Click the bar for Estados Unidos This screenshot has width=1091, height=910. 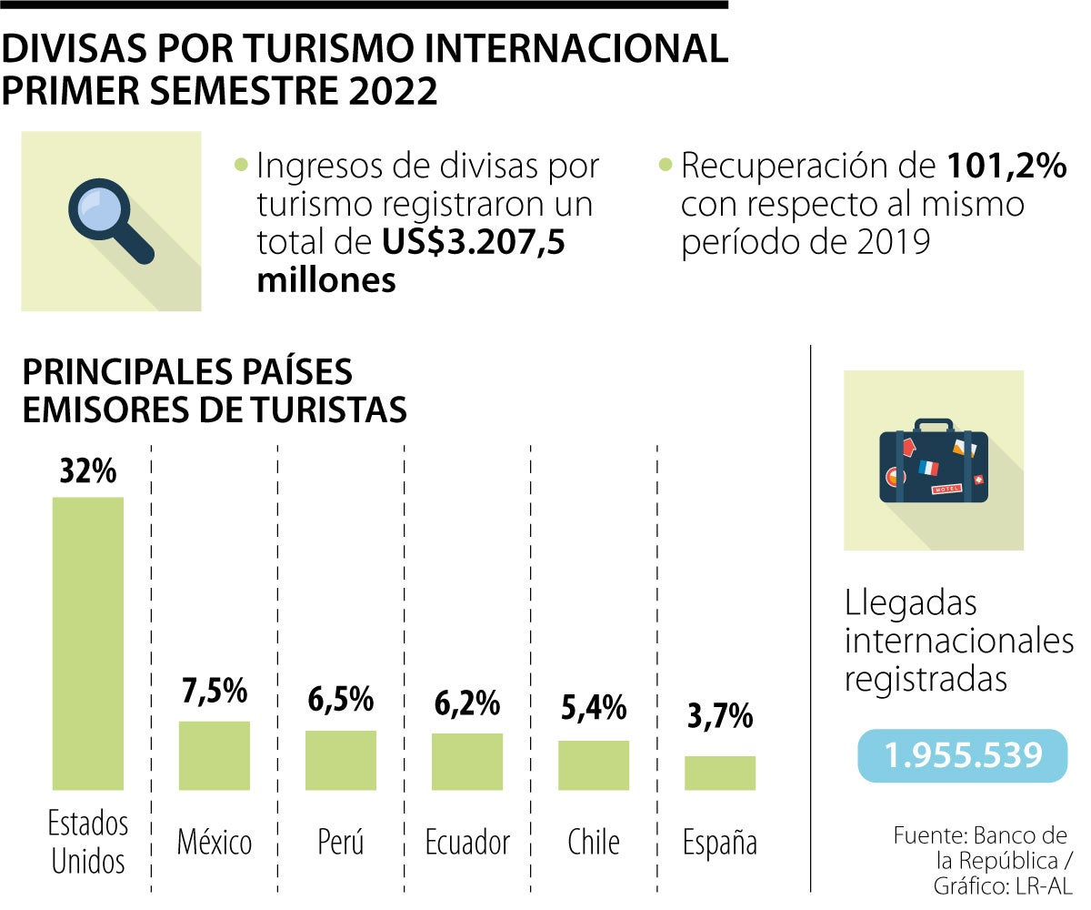click(x=87, y=642)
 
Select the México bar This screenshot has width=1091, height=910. click(x=214, y=755)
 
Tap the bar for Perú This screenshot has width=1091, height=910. click(x=340, y=760)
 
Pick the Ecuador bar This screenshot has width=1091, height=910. click(x=466, y=761)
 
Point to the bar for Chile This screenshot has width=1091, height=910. click(x=593, y=764)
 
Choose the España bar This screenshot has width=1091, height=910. click(x=719, y=773)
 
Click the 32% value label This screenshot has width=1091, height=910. click(x=87, y=472)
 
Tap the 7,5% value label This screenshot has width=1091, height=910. click(x=214, y=692)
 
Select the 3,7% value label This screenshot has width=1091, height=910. click(x=719, y=718)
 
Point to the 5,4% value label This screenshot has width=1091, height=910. click(x=593, y=707)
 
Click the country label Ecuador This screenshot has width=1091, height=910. click(x=467, y=842)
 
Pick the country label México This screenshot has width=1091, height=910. click(x=215, y=842)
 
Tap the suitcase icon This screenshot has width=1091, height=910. click(x=933, y=460)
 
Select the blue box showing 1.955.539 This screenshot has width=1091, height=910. click(x=962, y=755)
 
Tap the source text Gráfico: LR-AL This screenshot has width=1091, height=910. click(x=1003, y=885)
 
